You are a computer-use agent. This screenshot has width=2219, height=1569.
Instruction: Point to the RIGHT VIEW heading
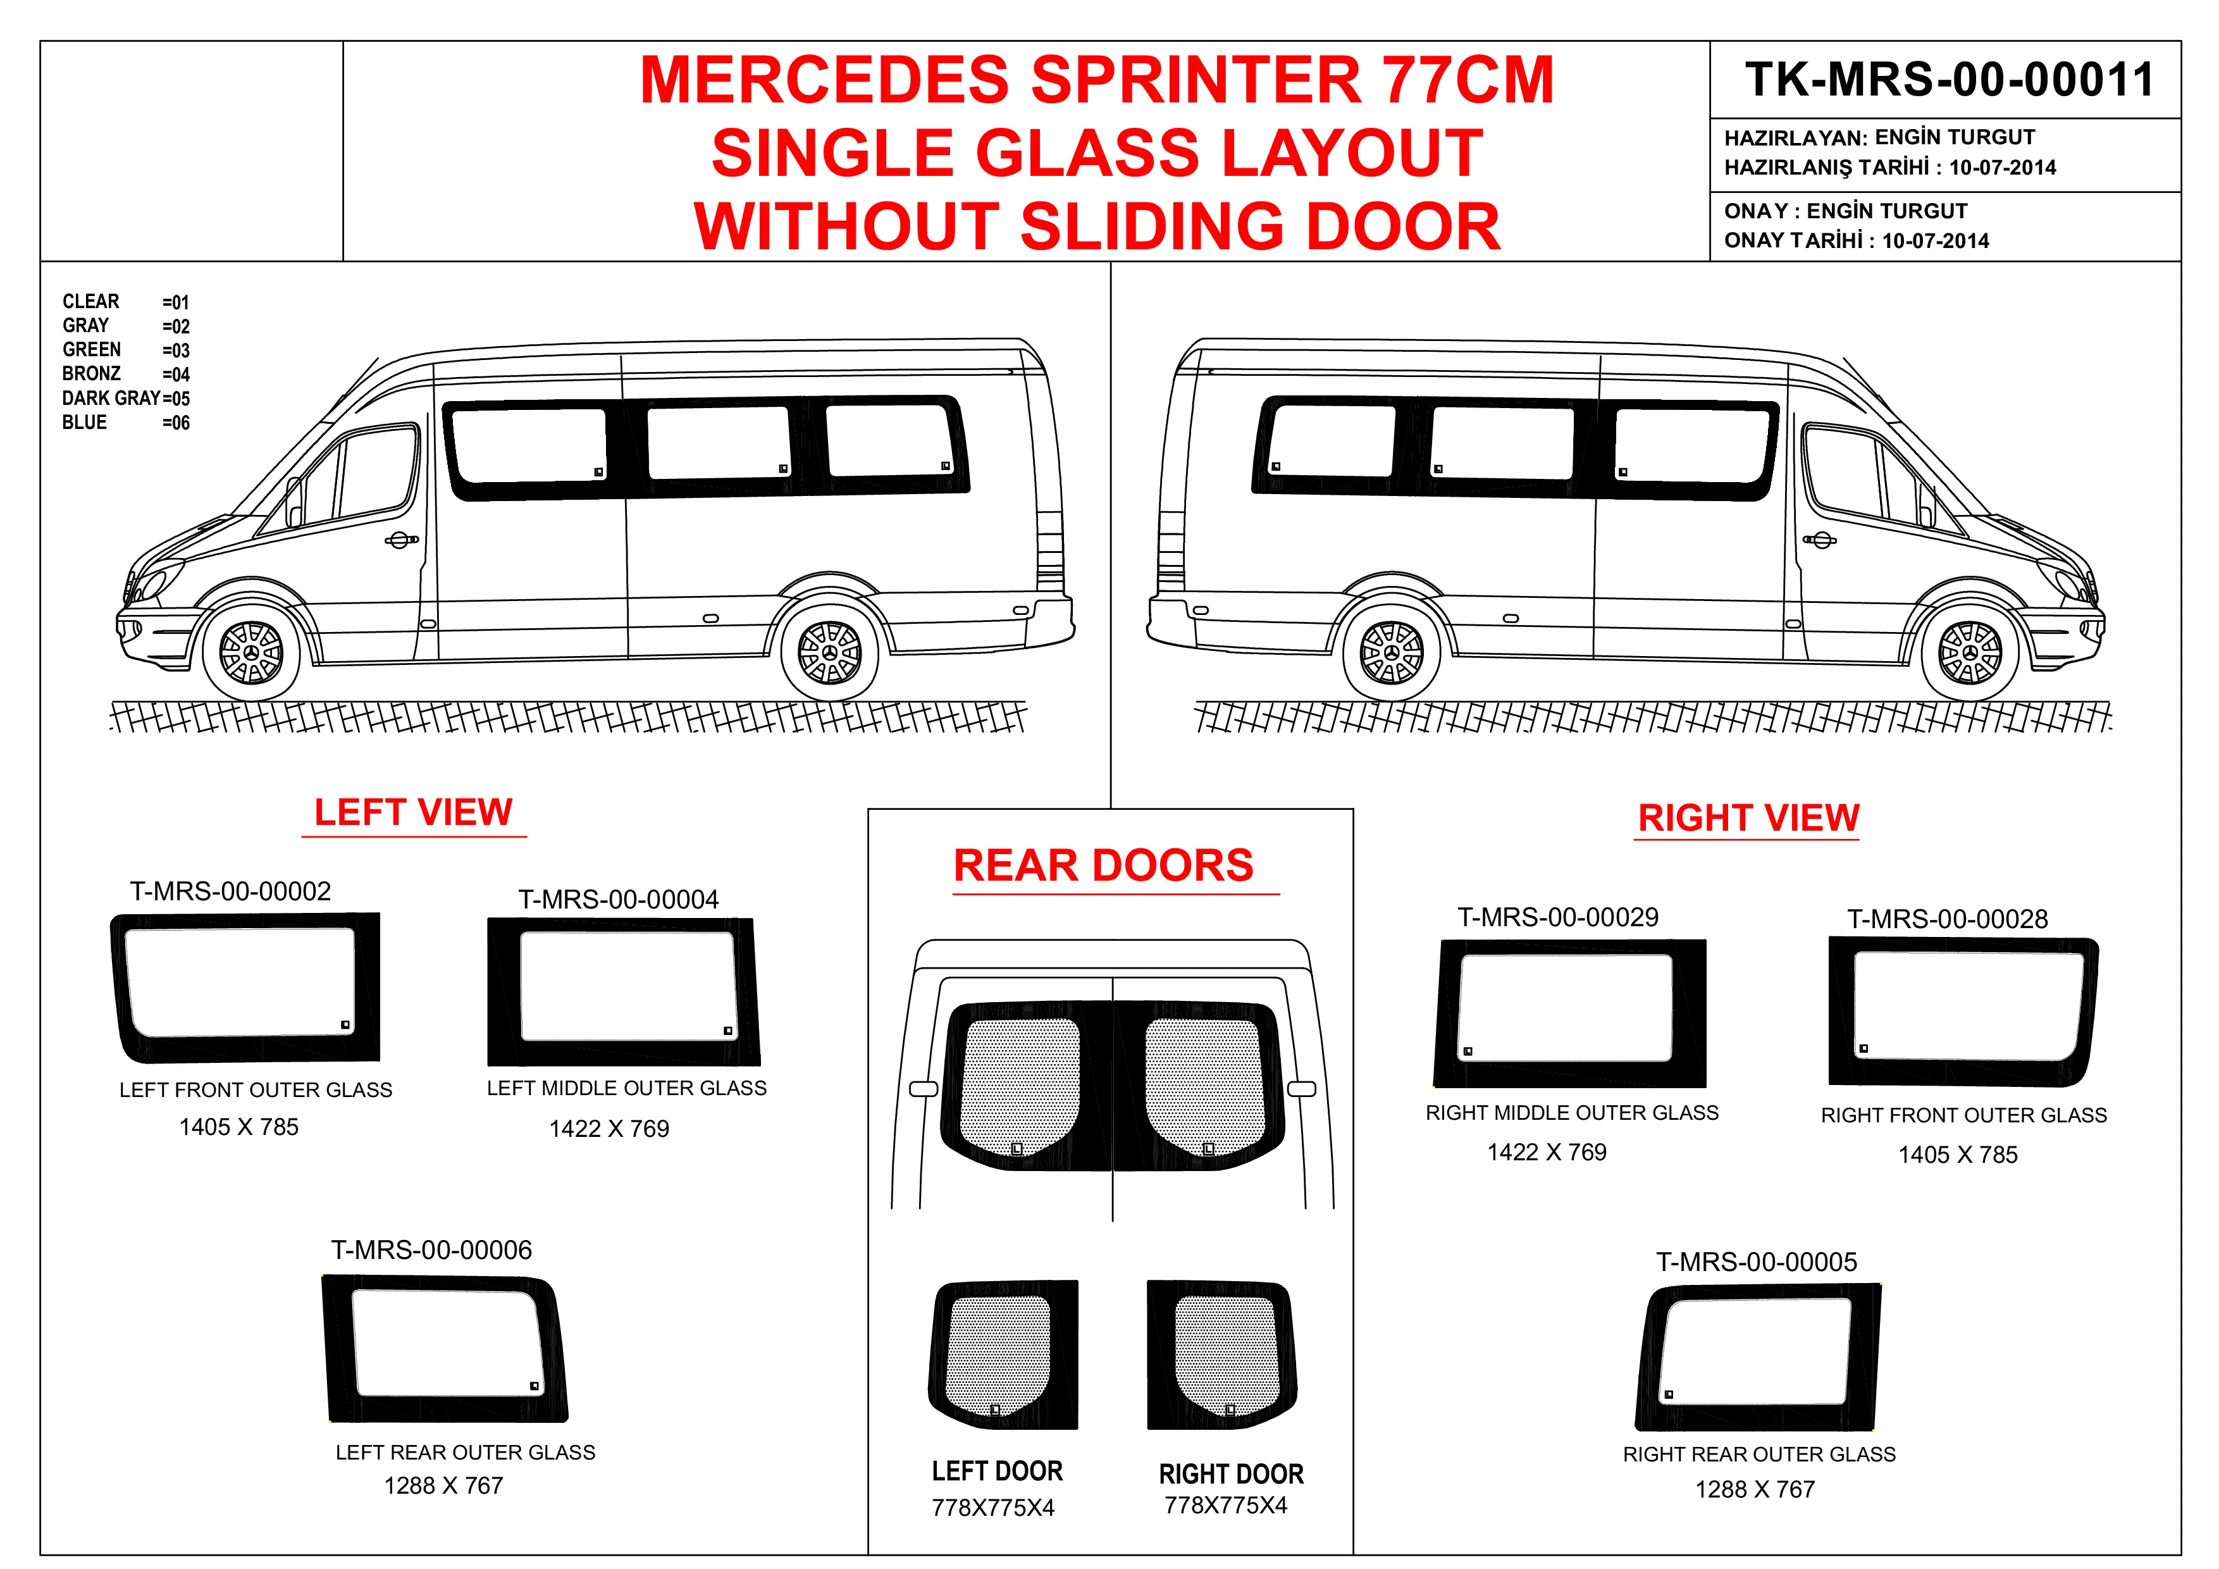point(1747,818)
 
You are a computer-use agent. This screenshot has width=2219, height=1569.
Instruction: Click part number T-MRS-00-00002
point(230,891)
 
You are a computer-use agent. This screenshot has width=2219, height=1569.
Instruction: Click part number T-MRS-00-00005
point(1756,1262)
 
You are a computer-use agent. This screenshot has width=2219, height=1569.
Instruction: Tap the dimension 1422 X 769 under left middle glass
point(609,1128)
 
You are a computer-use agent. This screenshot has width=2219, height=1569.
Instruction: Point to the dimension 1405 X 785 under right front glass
point(1957,1154)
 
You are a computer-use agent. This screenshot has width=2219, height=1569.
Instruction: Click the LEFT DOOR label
point(996,1472)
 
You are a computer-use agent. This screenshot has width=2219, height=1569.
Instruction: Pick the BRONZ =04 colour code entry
point(126,374)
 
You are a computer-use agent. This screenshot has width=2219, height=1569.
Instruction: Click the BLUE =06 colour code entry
point(126,423)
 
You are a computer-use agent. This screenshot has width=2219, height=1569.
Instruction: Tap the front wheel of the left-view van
point(251,652)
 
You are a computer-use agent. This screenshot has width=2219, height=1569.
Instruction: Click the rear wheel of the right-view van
point(1392,652)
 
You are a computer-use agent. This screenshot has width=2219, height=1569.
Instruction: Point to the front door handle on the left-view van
point(401,540)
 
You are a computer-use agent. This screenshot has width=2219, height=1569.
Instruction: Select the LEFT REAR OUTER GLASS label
point(465,1452)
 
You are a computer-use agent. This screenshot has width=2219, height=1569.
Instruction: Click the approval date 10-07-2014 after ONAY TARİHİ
point(1935,240)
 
